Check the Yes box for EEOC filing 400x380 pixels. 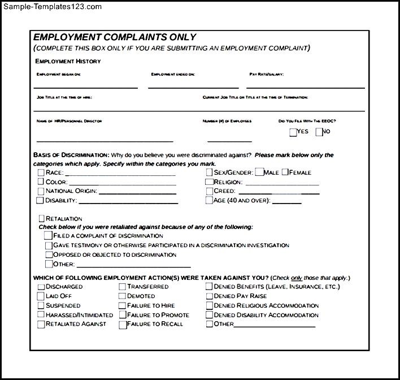293,132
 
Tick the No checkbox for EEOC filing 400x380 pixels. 319,132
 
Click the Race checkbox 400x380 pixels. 41,172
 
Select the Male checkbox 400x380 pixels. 259,172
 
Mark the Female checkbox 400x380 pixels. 285,172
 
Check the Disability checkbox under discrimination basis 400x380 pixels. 40,200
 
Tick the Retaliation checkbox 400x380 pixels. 41,218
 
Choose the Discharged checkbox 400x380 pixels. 41,287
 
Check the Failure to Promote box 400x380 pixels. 123,315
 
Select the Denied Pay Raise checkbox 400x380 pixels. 210,296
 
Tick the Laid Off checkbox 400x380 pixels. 41,296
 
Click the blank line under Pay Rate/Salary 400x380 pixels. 305,87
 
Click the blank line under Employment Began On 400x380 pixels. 86,87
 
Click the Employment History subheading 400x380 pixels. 68,61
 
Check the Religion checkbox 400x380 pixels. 210,182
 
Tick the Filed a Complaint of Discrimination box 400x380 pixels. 48,236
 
